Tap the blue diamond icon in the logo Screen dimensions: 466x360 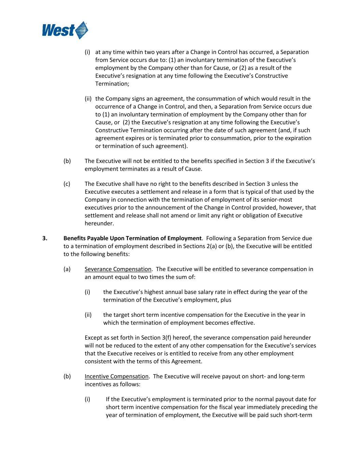coord(82,30)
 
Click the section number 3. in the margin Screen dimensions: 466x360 coord(45,238)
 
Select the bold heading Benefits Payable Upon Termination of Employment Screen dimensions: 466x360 coord(132,238)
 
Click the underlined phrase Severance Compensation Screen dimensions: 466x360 coord(118,269)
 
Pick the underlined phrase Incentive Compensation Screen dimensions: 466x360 coord(116,376)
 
